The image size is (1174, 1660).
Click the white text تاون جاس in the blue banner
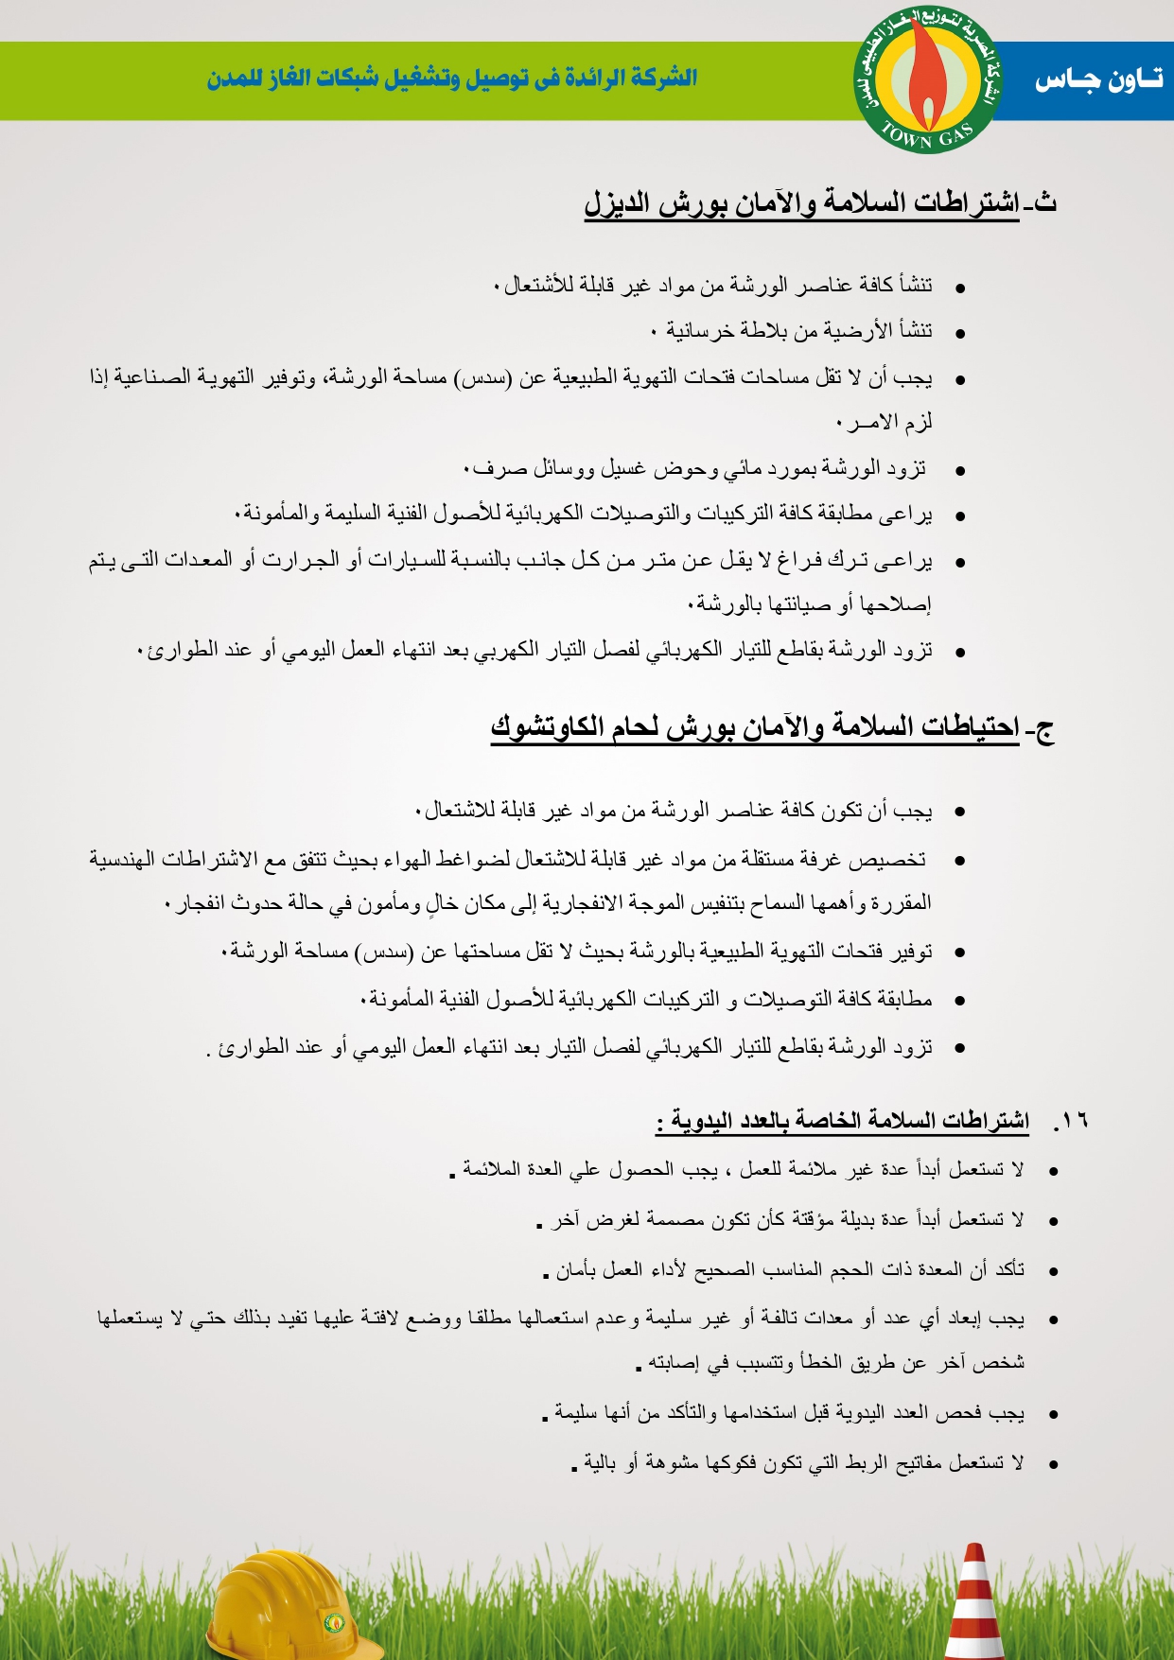point(1098,80)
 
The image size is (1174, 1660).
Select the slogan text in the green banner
point(452,78)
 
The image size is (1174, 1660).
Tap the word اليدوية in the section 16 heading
point(701,1121)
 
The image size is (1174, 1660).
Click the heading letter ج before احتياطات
point(1044,728)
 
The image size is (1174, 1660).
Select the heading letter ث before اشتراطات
point(1045,201)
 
